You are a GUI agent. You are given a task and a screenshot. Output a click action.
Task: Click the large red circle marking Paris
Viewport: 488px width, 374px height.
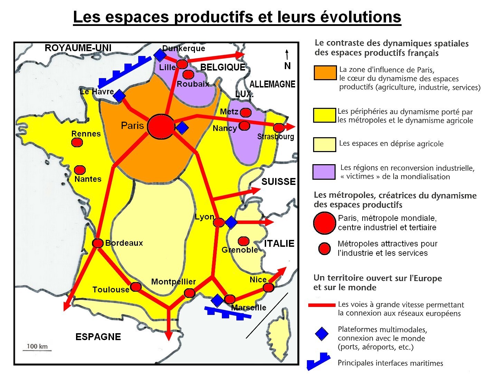pyautogui.click(x=161, y=127)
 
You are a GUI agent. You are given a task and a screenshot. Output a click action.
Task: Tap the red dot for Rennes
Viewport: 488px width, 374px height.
pyautogui.click(x=77, y=142)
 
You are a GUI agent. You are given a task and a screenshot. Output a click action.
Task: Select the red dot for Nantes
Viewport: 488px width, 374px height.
pyautogui.click(x=80, y=170)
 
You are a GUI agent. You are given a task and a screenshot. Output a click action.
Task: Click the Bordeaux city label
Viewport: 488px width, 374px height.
pyautogui.click(x=124, y=243)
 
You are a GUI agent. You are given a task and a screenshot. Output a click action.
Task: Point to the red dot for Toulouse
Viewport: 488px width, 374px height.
pyautogui.click(x=136, y=287)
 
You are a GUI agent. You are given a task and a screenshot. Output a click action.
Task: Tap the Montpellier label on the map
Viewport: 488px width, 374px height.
pyautogui.click(x=173, y=282)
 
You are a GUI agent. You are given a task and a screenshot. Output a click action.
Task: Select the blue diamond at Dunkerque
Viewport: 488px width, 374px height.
pyautogui.click(x=159, y=55)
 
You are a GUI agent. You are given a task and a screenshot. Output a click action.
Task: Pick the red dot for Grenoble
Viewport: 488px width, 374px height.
pyautogui.click(x=244, y=241)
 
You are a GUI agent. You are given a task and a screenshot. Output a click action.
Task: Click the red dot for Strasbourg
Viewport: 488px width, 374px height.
pyautogui.click(x=279, y=128)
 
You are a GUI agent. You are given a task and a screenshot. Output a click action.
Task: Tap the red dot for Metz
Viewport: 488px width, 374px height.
pyautogui.click(x=245, y=112)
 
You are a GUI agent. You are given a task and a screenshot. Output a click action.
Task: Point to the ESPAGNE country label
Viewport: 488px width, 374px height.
pyautogui.click(x=98, y=337)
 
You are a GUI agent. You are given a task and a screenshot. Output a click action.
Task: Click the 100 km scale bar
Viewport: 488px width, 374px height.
pyautogui.click(x=37, y=350)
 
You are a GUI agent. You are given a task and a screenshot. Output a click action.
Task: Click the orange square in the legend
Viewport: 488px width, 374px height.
pyautogui.click(x=325, y=73)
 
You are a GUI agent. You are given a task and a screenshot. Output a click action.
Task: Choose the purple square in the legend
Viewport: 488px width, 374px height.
pyautogui.click(x=324, y=172)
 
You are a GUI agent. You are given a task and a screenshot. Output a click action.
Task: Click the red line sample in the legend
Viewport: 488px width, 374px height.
pyautogui.click(x=321, y=305)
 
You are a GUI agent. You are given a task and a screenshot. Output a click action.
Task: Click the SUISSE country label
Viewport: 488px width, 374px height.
pyautogui.click(x=278, y=182)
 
